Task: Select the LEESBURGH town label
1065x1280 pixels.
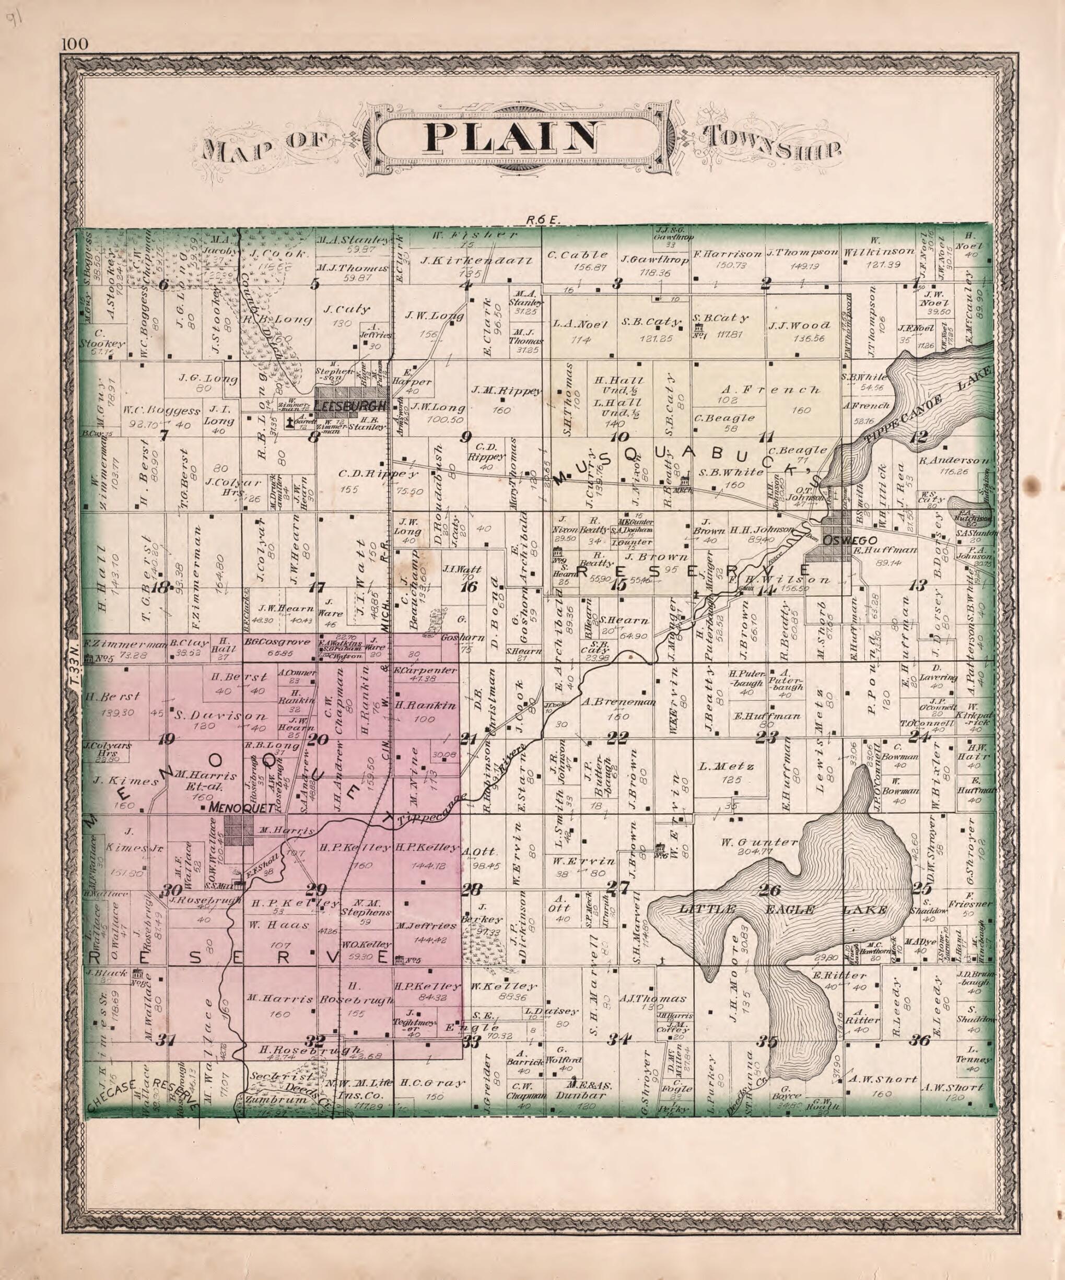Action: (x=351, y=405)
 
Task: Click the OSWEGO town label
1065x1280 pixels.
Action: (x=841, y=541)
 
